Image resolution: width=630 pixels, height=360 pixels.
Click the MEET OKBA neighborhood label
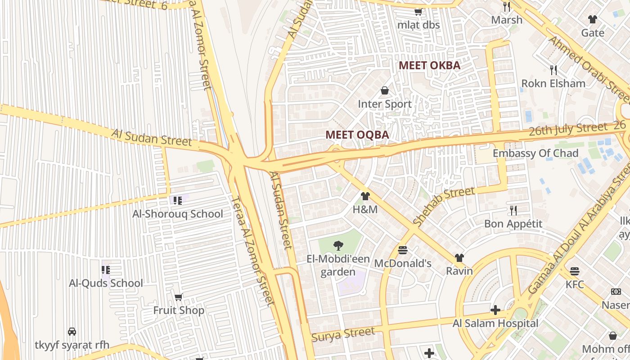(429, 65)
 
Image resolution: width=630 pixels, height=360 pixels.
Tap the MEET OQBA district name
(357, 135)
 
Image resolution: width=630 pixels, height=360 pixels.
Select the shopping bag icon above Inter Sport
(385, 91)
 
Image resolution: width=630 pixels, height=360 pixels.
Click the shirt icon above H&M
(365, 196)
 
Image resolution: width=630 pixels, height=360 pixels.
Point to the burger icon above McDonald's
(403, 250)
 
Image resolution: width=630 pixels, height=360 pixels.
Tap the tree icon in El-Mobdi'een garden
(338, 245)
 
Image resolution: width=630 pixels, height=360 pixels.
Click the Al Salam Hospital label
(495, 323)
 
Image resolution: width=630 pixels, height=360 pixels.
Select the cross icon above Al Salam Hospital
(495, 310)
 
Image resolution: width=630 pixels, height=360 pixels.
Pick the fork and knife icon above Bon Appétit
(513, 210)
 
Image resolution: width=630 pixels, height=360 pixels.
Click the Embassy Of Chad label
(535, 153)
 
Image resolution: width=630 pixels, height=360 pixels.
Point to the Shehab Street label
(444, 206)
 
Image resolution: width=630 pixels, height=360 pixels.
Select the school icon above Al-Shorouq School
(177, 201)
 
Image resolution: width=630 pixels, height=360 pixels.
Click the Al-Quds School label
(106, 283)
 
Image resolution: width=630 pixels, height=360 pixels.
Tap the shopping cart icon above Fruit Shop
(179, 297)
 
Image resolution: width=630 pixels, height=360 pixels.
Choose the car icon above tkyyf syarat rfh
(72, 332)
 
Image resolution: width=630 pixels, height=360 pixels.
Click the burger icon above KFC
(575, 271)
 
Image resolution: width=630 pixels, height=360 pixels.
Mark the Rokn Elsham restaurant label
(553, 83)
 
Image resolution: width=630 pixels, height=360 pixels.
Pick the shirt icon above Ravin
(459, 258)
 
